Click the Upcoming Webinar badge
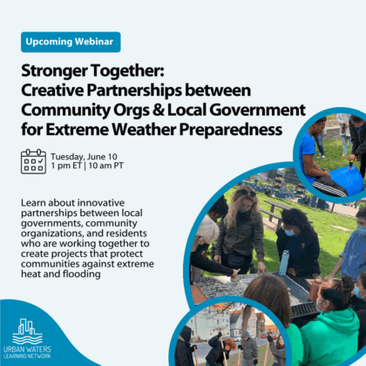tap(71, 42)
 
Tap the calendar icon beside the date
tap(33, 161)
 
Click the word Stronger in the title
tap(54, 71)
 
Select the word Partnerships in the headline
tap(134, 91)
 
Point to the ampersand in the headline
tap(159, 110)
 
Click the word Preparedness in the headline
tap(231, 130)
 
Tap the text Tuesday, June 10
tap(84, 157)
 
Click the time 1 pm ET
tap(66, 166)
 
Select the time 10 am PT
tap(105, 166)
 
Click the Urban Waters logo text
tap(27, 349)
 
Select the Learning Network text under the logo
tap(27, 356)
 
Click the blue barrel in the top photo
tap(346, 180)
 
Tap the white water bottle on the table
tap(284, 262)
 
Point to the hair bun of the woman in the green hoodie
tap(347, 283)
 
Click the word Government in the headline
tap(257, 110)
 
